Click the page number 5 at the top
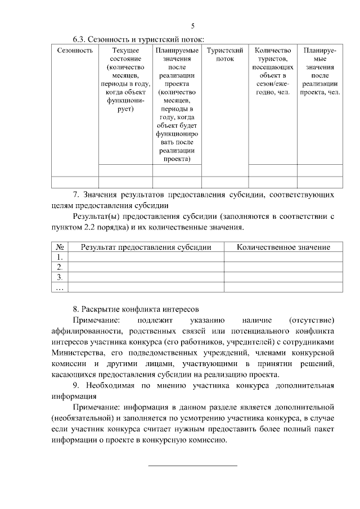click(x=193, y=26)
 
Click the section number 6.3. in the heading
click(x=81, y=39)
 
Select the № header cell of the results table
click(x=60, y=247)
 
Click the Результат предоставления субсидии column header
click(x=146, y=247)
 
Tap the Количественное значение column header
click(x=283, y=247)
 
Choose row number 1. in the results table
click(x=60, y=257)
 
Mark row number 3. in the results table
click(x=60, y=277)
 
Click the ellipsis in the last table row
click(x=60, y=287)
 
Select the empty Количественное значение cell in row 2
click(x=283, y=267)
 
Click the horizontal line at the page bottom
click(x=192, y=465)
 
